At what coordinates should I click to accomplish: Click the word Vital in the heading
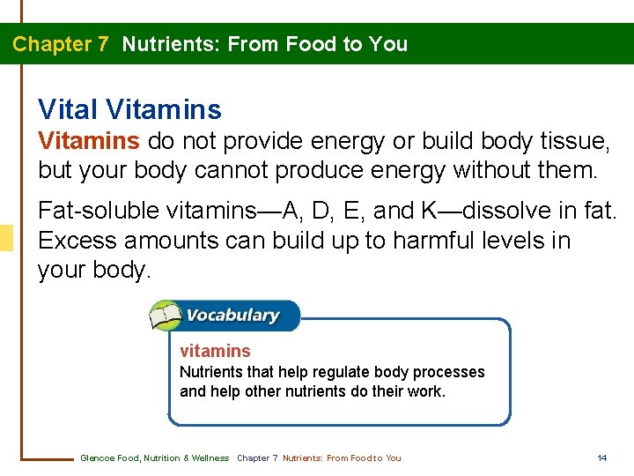(68, 110)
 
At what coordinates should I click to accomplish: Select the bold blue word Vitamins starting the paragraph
(88, 141)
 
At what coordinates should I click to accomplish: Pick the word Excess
(77, 241)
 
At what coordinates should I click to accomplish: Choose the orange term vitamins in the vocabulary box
(215, 351)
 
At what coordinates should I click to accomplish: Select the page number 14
(602, 458)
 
